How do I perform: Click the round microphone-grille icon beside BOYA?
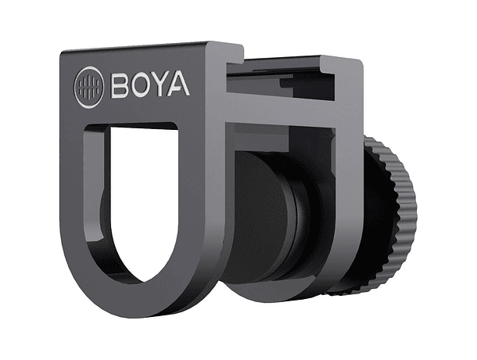(x=86, y=85)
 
